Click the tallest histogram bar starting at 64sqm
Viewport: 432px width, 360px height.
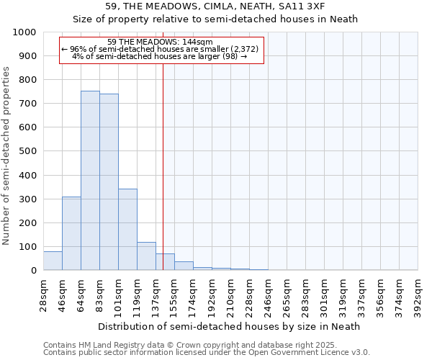click(x=90, y=180)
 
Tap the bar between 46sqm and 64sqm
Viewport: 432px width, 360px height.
click(x=71, y=233)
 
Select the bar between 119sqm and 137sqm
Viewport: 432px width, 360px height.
click(x=146, y=256)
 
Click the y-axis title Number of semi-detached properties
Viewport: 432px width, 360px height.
click(x=6, y=156)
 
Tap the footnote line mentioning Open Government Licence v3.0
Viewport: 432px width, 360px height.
click(x=207, y=353)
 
